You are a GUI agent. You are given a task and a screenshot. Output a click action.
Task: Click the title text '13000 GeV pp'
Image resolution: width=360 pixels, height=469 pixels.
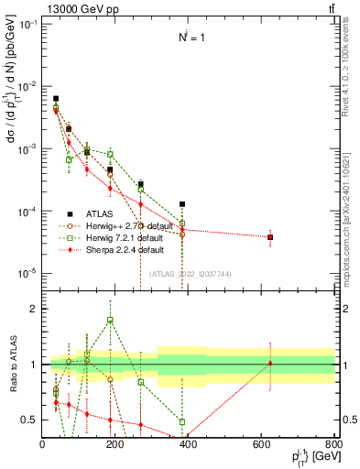[x=80, y=8]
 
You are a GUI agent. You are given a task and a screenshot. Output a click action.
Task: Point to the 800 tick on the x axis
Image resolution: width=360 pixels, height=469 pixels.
[x=333, y=444]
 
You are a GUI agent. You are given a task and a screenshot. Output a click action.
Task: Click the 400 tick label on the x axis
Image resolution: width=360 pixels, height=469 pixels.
[x=188, y=444]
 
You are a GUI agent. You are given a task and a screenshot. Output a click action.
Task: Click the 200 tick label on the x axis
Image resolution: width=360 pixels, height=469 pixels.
[x=115, y=444]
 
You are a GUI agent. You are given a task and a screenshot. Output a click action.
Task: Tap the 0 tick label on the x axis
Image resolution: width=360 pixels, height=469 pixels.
[x=43, y=444]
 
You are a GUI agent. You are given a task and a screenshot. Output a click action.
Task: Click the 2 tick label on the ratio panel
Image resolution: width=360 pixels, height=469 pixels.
[x=33, y=309]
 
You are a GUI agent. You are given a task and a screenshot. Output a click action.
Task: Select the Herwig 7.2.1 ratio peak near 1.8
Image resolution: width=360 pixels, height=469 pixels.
[x=110, y=320]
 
